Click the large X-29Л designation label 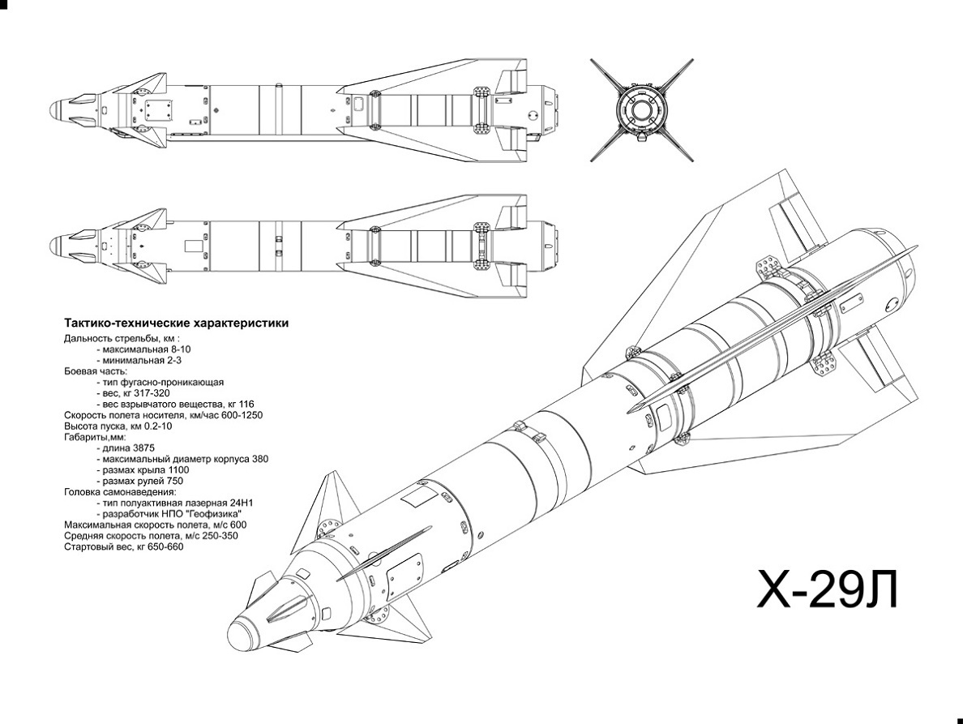[828, 589]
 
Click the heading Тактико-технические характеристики [176, 323]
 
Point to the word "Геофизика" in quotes [216, 514]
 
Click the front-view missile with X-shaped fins [641, 109]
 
